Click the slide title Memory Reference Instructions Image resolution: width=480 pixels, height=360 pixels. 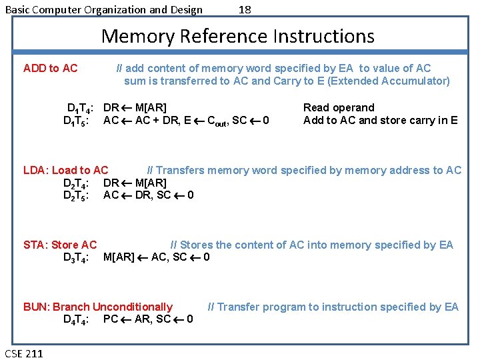tap(238, 36)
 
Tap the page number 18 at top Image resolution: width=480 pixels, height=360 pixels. tap(245, 9)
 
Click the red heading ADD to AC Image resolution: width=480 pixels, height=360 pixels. tap(50, 68)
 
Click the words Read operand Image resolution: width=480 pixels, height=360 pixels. tap(339, 107)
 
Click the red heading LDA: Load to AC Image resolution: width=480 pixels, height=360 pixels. tap(65, 170)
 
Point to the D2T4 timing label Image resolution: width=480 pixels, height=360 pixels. tap(77, 183)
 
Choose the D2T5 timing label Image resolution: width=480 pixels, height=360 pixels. tap(77, 195)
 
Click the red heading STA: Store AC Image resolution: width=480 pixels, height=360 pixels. tap(60, 245)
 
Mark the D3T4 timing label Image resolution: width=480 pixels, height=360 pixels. tap(77, 257)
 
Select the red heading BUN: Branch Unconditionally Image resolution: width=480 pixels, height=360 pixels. tap(98, 307)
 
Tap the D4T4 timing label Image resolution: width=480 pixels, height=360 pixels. tap(77, 319)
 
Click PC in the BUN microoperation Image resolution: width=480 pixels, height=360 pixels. tap(111, 319)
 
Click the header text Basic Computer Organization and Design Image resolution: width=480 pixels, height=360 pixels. tap(104, 9)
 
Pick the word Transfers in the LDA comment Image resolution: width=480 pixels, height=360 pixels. tap(180, 170)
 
